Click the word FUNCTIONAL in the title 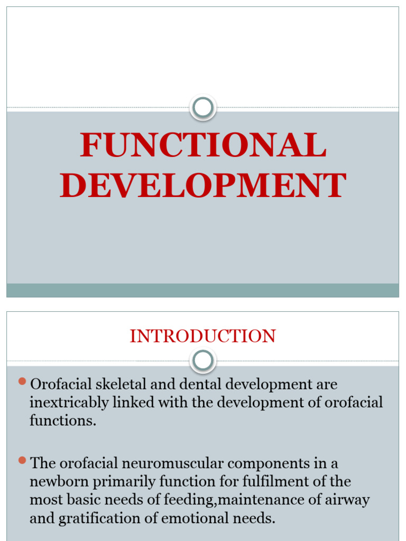(203, 145)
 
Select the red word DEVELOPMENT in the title (203, 186)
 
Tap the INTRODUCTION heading (203, 337)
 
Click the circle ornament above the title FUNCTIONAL (203, 108)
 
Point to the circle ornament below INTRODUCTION (203, 361)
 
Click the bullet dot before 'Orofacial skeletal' (22, 381)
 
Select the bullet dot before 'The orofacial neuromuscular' (22, 460)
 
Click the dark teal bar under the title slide (203, 290)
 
